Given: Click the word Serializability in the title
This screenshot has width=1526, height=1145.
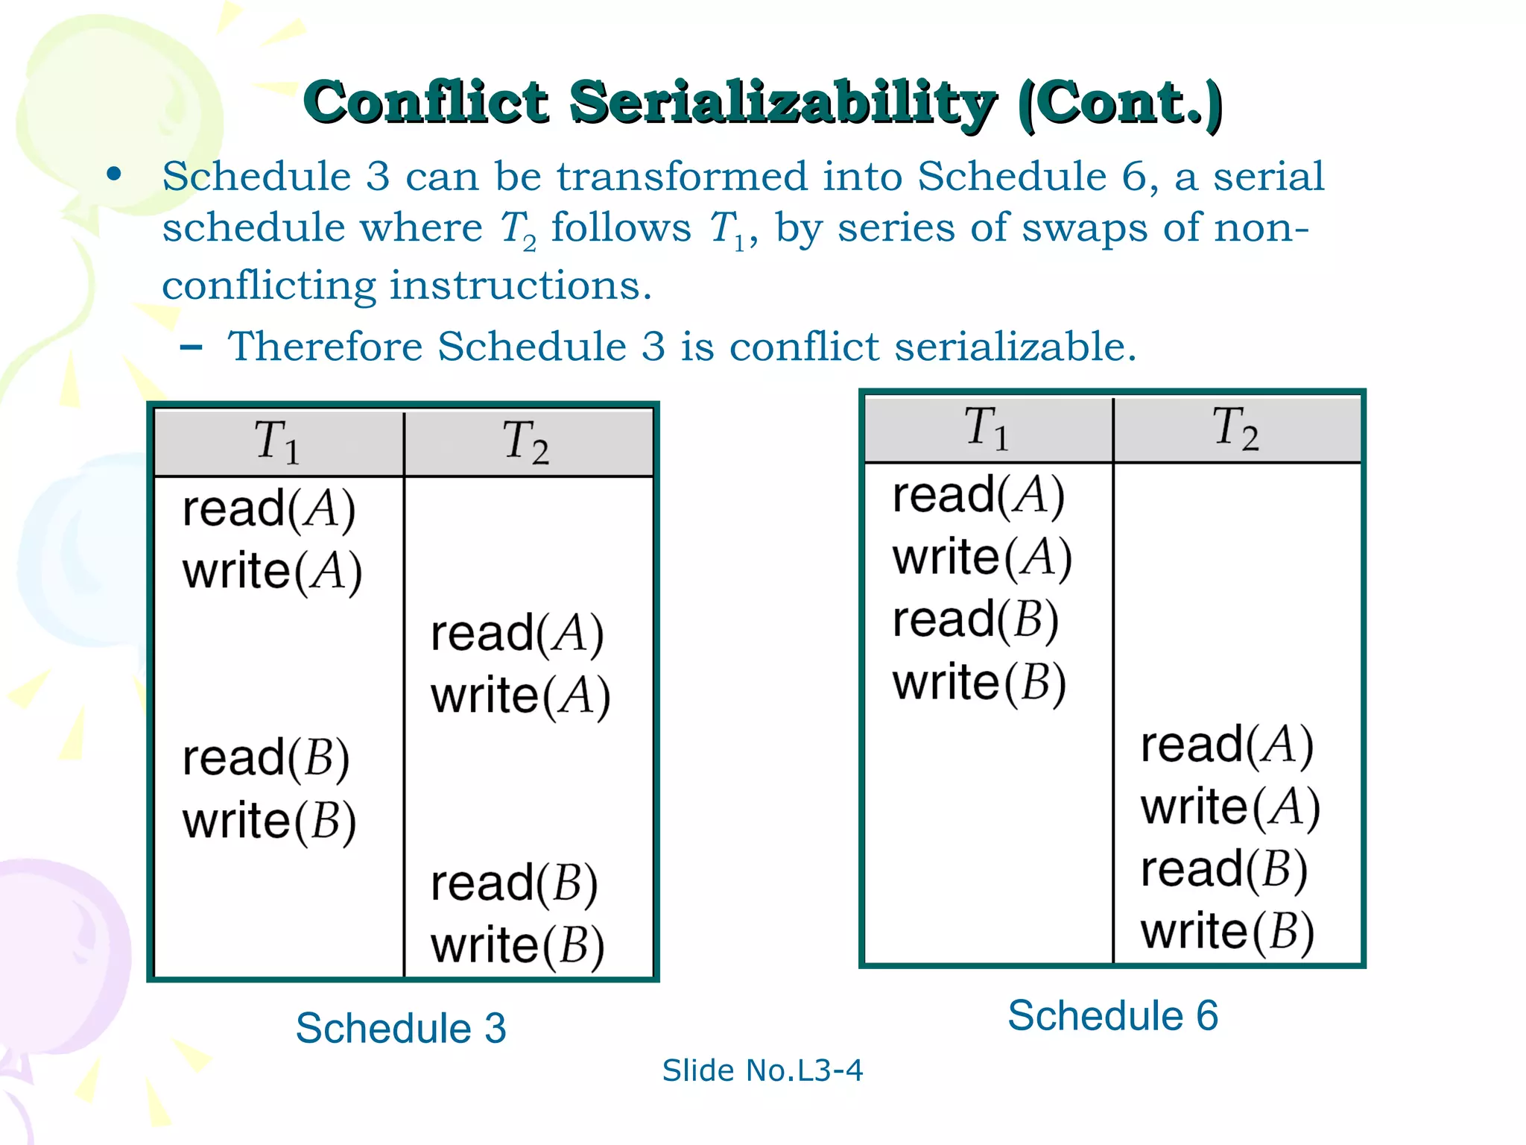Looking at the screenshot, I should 782,103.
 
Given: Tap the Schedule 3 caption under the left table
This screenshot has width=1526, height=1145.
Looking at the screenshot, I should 401,1028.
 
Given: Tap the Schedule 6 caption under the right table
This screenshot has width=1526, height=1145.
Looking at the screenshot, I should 1112,1015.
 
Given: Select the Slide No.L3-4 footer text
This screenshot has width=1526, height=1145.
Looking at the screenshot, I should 762,1070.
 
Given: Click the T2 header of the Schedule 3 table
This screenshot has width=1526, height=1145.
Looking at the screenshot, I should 526,442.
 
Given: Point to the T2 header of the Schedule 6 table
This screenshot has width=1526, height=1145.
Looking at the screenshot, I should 1236,429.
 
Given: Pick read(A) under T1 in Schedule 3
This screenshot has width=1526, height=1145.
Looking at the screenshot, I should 268,510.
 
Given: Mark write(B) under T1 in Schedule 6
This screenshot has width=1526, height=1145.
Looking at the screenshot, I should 979,683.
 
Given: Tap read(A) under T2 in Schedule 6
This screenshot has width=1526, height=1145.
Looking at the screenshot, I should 1226,745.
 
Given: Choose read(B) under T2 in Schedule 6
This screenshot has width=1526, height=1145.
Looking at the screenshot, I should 1224,870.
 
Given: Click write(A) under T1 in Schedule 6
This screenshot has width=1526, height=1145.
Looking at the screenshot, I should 982,558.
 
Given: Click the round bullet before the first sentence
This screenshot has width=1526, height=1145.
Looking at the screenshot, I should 114,175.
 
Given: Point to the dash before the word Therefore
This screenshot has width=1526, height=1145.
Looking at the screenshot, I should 191,347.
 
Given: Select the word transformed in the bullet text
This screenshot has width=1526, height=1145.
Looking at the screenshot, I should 682,177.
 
